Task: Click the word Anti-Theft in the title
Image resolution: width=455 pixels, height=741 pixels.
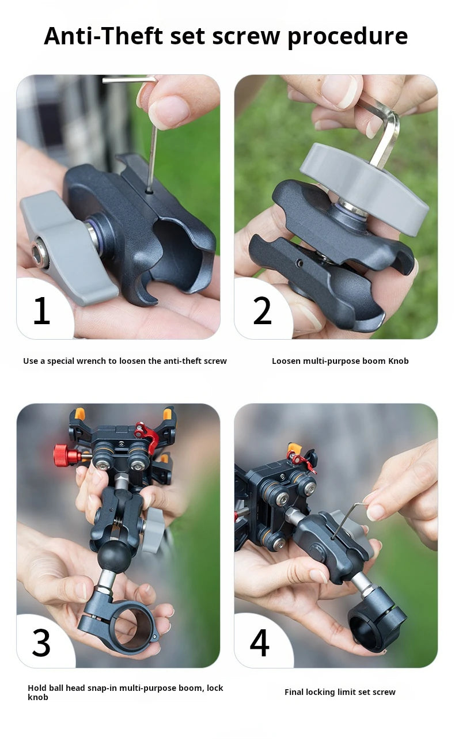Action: point(104,36)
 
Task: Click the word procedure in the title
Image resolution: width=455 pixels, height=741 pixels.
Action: point(347,37)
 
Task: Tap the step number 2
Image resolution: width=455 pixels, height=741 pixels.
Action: point(262,310)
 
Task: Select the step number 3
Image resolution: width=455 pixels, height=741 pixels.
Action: point(41,643)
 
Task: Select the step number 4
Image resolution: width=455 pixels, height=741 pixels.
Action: point(260,643)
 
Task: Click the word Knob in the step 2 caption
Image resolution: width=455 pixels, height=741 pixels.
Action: point(398,361)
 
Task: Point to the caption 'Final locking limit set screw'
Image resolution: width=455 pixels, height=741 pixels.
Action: point(340,692)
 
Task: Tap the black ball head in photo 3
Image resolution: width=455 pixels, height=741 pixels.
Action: point(114,555)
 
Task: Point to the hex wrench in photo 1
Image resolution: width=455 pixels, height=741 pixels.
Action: point(152,150)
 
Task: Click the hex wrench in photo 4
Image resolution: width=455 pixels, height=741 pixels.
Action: point(346,518)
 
